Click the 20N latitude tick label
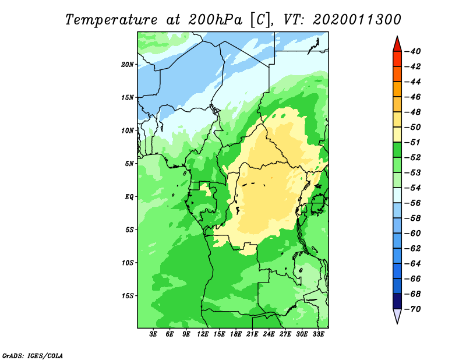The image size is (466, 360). (x=127, y=65)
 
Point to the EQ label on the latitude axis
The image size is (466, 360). (x=129, y=197)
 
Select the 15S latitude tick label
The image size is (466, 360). (x=127, y=296)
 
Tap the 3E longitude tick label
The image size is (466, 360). (x=153, y=334)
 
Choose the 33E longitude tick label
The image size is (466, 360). (x=318, y=334)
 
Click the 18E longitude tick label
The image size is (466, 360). (x=236, y=334)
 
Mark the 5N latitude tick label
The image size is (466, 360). (x=129, y=164)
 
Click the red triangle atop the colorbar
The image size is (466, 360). (x=397, y=45)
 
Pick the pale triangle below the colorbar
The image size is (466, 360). (x=397, y=315)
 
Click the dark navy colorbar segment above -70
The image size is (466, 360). (x=397, y=301)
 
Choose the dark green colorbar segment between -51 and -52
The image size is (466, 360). (x=397, y=150)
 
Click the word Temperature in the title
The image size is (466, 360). (x=111, y=20)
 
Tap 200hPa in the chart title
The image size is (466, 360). (x=215, y=20)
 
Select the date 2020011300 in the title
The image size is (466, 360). (x=357, y=20)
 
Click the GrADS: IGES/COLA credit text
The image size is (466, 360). (x=33, y=356)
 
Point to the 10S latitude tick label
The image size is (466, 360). (x=127, y=263)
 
